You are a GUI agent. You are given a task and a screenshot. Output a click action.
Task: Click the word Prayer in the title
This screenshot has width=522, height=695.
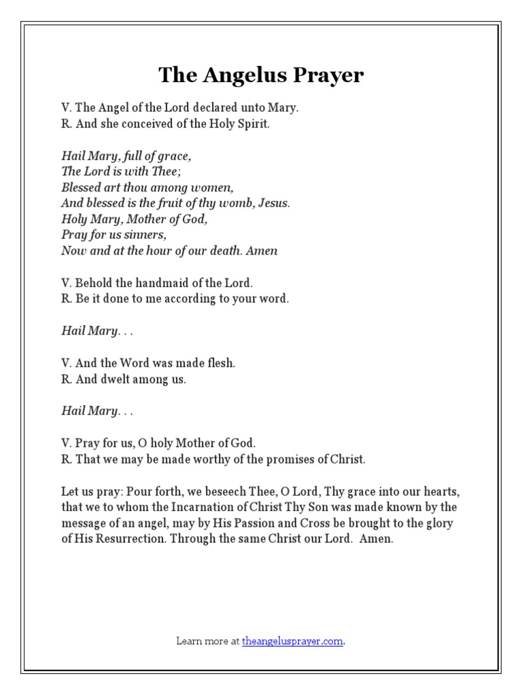click(x=328, y=75)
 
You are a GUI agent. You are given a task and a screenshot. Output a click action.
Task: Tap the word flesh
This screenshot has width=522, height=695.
click(x=220, y=363)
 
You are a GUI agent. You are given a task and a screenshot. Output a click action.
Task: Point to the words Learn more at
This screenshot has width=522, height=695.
click(x=207, y=640)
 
